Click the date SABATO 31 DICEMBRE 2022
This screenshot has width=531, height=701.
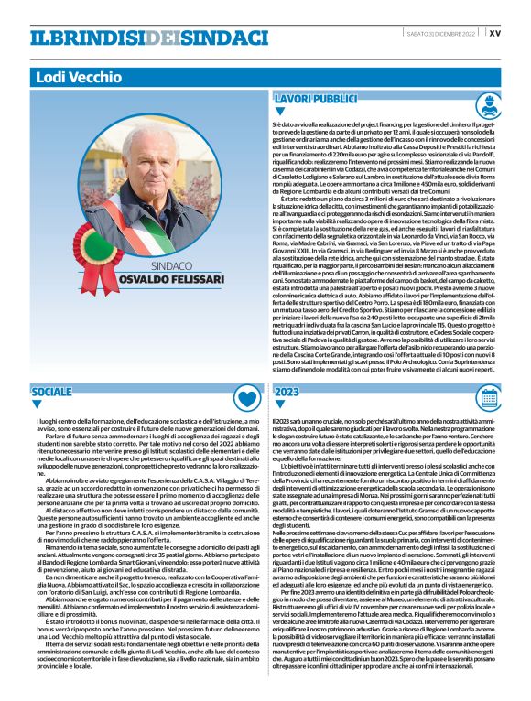pos(439,34)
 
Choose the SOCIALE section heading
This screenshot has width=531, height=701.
pos(51,391)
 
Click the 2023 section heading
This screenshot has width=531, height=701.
pos(287,391)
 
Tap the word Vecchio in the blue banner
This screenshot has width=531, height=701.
pos(89,77)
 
